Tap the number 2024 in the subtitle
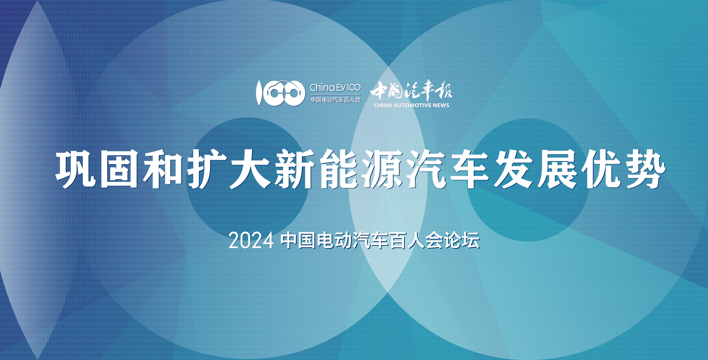251,241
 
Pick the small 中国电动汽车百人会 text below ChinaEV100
335,100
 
